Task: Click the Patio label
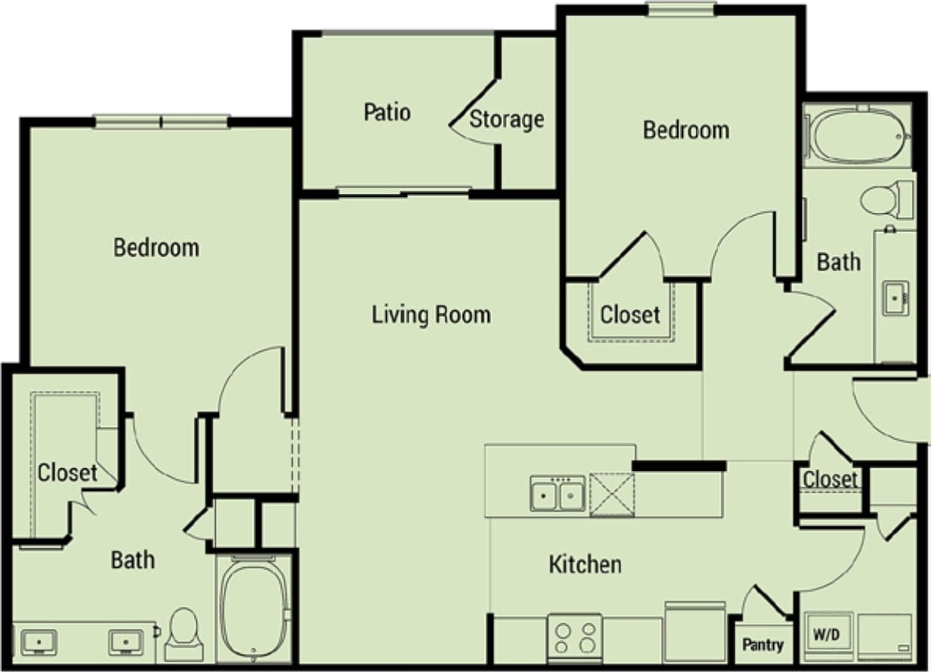[x=387, y=113]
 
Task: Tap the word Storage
[x=507, y=119]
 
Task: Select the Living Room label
[x=431, y=314]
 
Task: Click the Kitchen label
[x=585, y=564]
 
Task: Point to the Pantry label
[x=762, y=646]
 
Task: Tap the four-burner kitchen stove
[x=575, y=636]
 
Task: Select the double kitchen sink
[x=558, y=495]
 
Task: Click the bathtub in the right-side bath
[x=858, y=136]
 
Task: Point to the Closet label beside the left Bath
[x=67, y=473]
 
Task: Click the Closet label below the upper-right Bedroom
[x=629, y=314]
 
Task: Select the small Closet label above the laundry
[x=830, y=479]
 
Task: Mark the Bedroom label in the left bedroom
[x=156, y=247]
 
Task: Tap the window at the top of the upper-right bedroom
[x=681, y=8]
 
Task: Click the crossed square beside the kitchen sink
[x=611, y=495]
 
